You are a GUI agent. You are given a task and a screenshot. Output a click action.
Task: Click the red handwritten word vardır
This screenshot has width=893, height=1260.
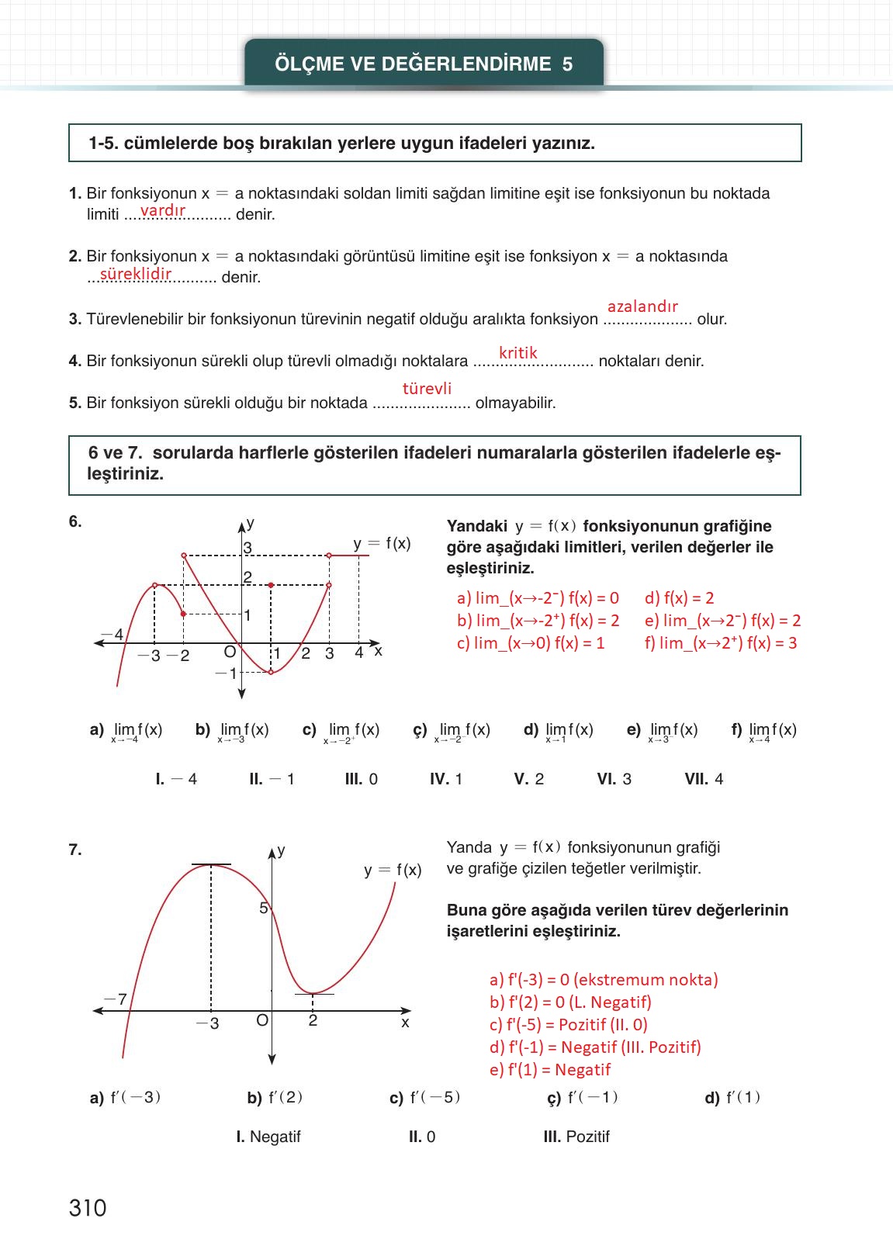[x=162, y=210]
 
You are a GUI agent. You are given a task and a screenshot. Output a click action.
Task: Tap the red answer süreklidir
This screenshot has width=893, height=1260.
[x=135, y=273]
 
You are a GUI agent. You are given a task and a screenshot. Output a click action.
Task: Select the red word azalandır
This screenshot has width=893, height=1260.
[x=642, y=306]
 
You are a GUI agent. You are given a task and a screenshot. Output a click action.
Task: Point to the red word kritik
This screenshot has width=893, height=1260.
[x=517, y=353]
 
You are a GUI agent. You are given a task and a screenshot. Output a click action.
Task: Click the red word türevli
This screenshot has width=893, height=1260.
[x=427, y=389]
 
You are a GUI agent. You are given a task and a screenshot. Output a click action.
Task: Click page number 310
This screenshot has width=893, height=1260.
[x=88, y=1208]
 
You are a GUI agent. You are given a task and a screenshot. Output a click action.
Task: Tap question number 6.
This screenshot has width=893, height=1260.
[x=75, y=521]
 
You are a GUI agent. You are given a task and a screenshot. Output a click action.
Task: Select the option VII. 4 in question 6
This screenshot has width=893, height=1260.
[x=704, y=779]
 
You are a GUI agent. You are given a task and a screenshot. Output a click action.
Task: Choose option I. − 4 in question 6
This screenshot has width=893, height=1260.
[x=176, y=779]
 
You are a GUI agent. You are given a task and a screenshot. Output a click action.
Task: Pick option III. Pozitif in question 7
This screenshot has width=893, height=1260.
[x=576, y=1137]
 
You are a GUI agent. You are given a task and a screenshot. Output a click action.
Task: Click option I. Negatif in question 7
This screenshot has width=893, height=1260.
[x=268, y=1137]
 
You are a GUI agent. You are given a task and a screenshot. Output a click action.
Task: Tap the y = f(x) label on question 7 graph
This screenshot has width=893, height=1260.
[x=393, y=870]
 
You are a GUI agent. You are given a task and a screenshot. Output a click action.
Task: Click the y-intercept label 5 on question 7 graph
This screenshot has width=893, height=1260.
[x=263, y=908]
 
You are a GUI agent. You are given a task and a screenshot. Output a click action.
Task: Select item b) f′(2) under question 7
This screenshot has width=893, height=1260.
[x=275, y=1098]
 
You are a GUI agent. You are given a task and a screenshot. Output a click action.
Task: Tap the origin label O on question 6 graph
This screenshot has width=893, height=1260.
[x=230, y=652]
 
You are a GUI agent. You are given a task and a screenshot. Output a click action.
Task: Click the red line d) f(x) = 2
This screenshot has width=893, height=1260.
[x=679, y=598]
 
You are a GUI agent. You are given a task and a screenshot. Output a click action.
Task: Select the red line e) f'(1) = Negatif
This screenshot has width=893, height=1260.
[x=550, y=1070]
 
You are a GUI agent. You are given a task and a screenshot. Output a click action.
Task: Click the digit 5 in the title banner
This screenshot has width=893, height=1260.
[x=567, y=64]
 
